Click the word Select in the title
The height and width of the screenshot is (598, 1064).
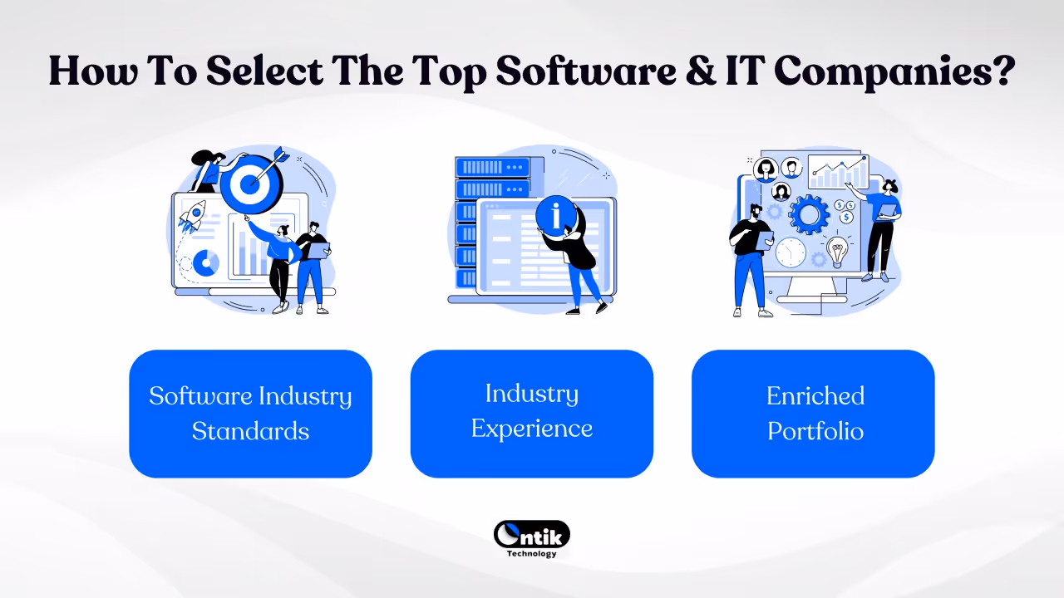[264, 71]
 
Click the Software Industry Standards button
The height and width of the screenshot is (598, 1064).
[250, 414]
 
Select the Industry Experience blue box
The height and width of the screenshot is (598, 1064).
[532, 414]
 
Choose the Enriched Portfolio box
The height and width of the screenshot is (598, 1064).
[813, 414]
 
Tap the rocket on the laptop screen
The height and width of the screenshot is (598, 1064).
[192, 217]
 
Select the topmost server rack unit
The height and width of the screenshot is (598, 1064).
[492, 167]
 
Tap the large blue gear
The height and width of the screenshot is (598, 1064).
[808, 214]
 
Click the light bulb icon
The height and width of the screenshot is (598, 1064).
[837, 248]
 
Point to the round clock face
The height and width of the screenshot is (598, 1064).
[791, 252]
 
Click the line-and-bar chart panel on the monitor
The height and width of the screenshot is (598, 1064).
[838, 172]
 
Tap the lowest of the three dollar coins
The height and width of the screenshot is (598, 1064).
[846, 218]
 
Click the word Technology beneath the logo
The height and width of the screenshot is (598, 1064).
[532, 554]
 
